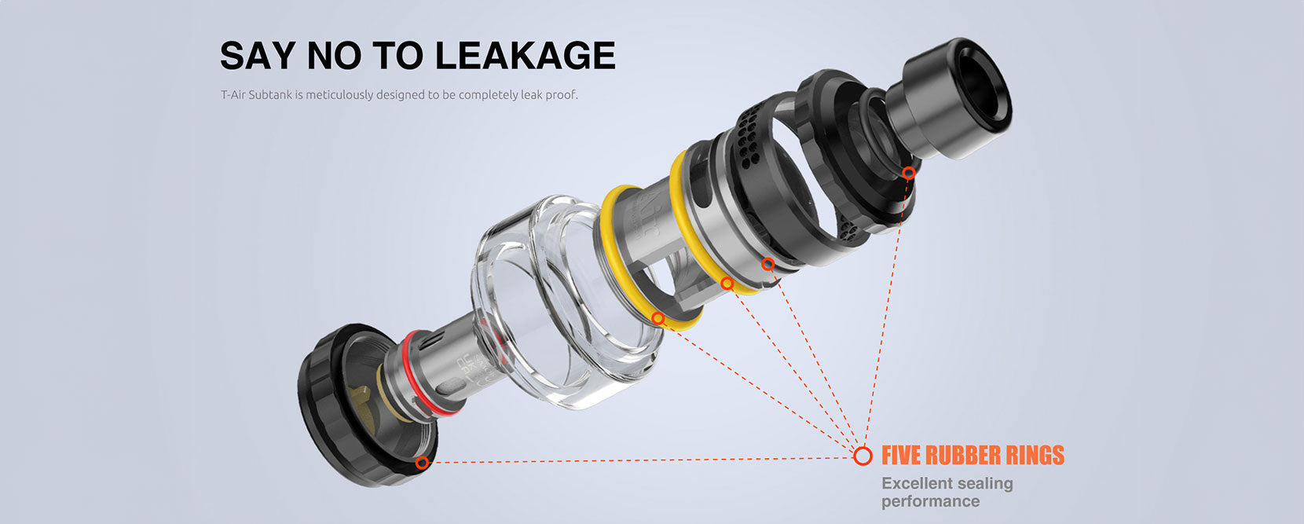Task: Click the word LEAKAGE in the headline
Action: (525, 56)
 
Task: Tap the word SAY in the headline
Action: (258, 56)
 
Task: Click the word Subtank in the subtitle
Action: (270, 95)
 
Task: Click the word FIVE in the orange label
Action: (900, 456)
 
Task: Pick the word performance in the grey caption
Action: (930, 501)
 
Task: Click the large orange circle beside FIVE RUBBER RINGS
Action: (863, 456)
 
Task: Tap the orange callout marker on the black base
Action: (422, 463)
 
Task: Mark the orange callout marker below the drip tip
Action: (909, 173)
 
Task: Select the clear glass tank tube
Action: (568, 302)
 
